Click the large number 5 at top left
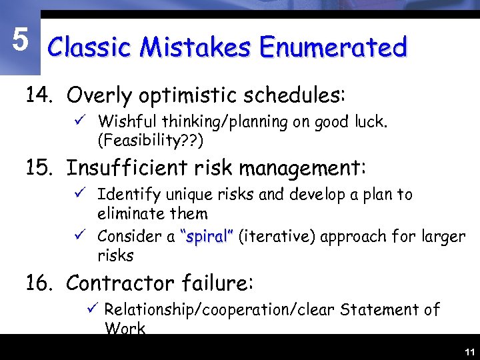pyautogui.click(x=21, y=41)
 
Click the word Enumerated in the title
pyautogui.click(x=333, y=48)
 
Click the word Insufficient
pyautogui.click(x=131, y=168)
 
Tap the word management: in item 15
pyautogui.click(x=309, y=168)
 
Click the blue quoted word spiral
pyautogui.click(x=207, y=236)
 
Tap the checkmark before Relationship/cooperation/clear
pyautogui.click(x=93, y=309)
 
